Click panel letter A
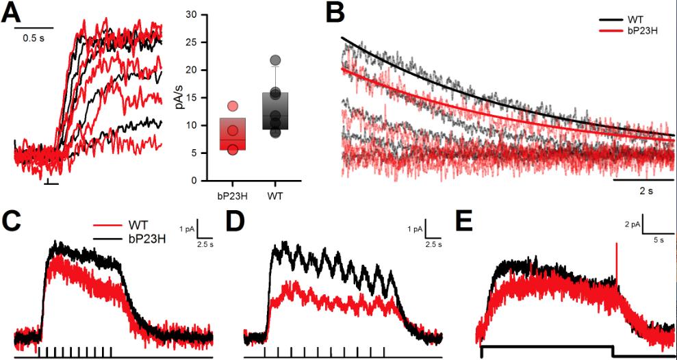point(13,13)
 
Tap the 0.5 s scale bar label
point(34,38)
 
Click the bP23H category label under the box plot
point(231,195)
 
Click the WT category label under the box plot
point(275,195)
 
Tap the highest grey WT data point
point(275,60)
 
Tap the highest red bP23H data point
point(233,106)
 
